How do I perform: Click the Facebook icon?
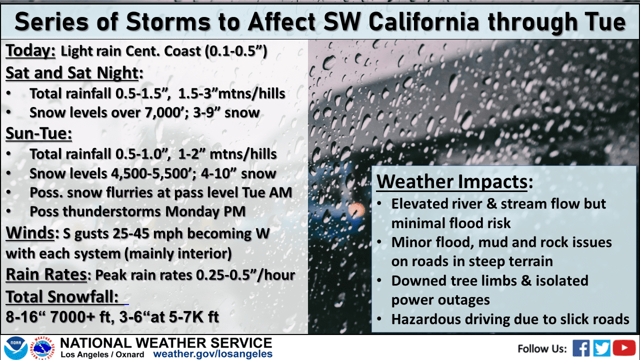click(x=581, y=348)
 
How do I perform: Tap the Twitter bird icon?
click(x=601, y=348)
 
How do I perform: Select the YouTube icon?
click(x=624, y=348)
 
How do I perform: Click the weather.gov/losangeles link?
click(x=213, y=354)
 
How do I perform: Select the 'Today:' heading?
click(x=30, y=51)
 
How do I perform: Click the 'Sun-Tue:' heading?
click(x=39, y=133)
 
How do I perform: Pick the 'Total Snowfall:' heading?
click(x=62, y=296)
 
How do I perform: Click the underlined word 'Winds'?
click(x=30, y=232)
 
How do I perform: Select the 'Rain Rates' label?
click(x=46, y=274)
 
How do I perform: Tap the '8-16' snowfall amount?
click(x=22, y=317)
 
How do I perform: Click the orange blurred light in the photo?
click(x=356, y=210)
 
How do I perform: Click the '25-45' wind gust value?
click(x=131, y=233)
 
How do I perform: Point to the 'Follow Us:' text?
click(x=542, y=349)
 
